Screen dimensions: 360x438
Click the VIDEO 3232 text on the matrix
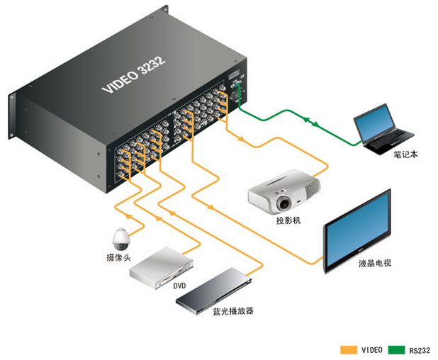coord(134,75)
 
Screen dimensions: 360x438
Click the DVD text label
coord(179,286)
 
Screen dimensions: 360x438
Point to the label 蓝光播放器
coord(233,311)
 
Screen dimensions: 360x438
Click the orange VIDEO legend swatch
coord(348,350)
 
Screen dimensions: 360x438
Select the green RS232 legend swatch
coord(395,350)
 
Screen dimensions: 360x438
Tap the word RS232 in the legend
coord(420,350)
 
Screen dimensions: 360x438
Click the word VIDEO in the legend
coord(372,350)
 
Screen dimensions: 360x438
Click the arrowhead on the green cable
coord(313,125)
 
